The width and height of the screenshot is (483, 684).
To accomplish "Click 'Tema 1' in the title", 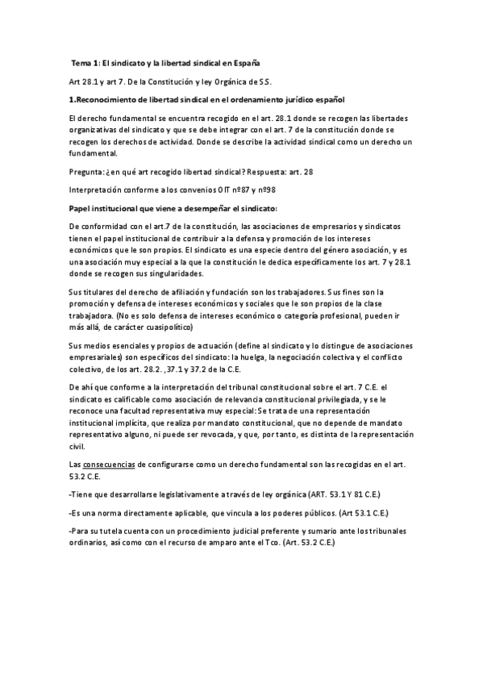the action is (x=85, y=63).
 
